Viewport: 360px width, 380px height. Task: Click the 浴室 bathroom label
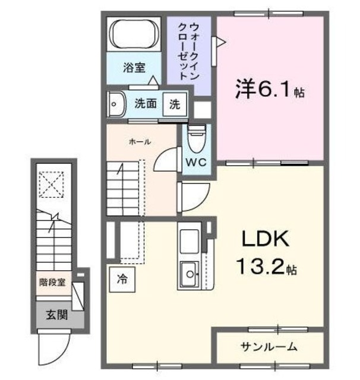(134, 68)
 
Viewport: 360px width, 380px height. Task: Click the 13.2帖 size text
(265, 267)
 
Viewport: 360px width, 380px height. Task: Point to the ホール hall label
(140, 141)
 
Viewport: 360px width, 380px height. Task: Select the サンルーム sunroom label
(269, 346)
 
